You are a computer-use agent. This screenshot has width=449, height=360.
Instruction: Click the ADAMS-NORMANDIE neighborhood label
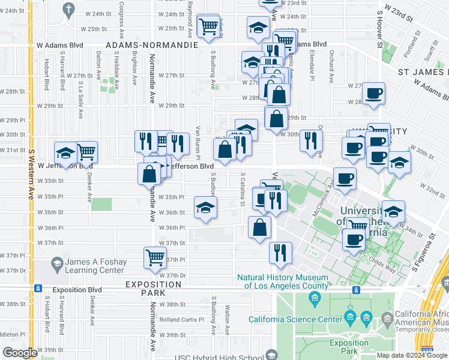tap(151, 45)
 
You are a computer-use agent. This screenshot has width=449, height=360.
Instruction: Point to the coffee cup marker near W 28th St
tap(373, 94)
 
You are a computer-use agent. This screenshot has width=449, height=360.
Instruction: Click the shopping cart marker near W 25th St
tap(208, 26)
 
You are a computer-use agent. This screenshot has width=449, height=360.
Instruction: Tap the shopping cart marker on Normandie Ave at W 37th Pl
tap(155, 258)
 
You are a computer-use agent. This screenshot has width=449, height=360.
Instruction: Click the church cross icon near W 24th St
tap(68, 8)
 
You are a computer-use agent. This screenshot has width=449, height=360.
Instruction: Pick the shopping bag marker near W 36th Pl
tap(259, 227)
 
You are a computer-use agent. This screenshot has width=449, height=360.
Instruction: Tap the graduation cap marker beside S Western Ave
tap(65, 152)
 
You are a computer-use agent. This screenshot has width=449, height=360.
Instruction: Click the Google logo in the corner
tap(20, 352)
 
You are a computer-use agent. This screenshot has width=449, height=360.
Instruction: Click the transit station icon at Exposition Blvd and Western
tap(37, 289)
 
